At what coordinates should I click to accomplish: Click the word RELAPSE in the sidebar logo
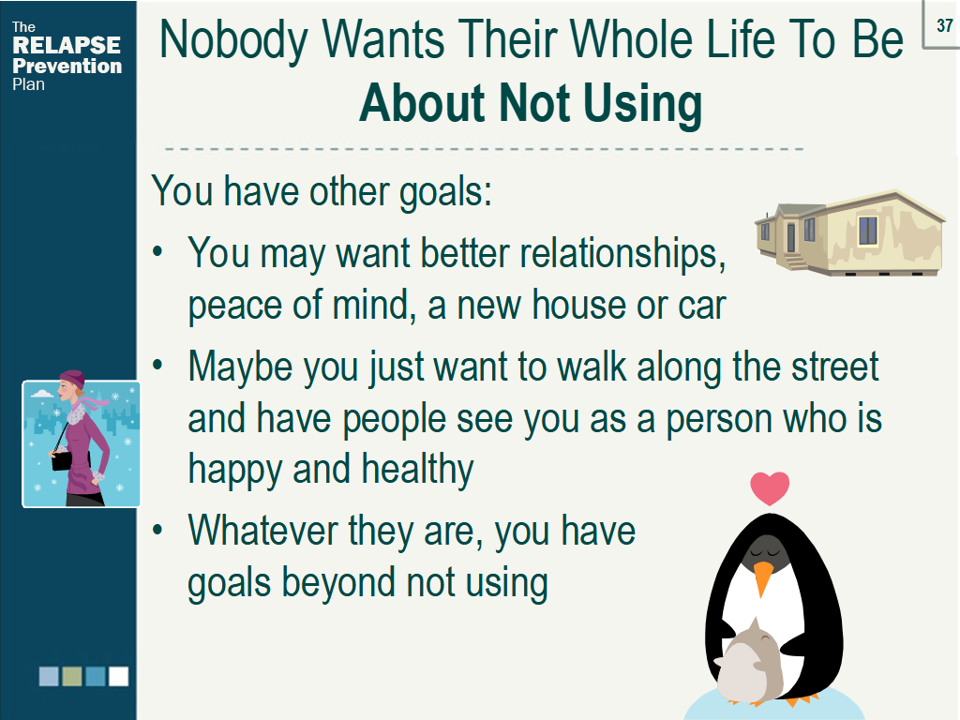[x=67, y=45]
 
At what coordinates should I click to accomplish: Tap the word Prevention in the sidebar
[x=67, y=66]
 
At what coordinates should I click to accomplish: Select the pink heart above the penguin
[x=770, y=488]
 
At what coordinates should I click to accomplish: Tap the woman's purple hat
[x=72, y=379]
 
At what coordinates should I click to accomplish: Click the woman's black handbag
[x=61, y=459]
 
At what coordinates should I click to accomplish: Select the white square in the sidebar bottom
[x=118, y=676]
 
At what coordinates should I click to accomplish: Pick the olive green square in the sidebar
[x=72, y=676]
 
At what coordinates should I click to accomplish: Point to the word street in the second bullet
[x=832, y=367]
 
